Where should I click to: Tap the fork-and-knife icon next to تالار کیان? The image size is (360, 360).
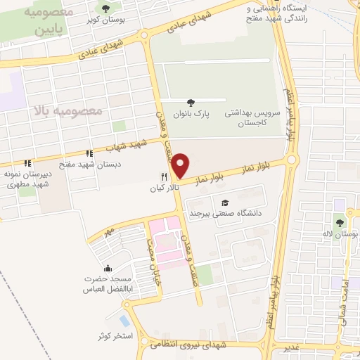[x=164, y=178]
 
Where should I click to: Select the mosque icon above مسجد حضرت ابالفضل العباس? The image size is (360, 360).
[x=108, y=269]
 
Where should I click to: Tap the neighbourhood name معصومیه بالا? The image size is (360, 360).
[x=67, y=110]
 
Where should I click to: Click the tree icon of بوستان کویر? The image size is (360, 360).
[x=105, y=8]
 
